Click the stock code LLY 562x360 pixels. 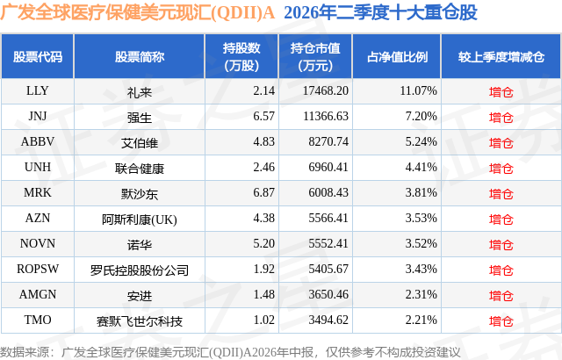pos(37,91)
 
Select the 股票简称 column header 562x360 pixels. pos(140,57)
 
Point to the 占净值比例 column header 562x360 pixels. pos(397,57)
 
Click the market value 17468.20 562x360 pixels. pos(326,91)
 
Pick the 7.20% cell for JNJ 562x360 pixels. pos(421,117)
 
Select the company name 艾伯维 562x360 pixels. pos(140,143)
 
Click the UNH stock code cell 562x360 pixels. pos(37,168)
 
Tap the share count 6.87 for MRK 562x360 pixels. pos(263,192)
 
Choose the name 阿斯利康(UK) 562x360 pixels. pos(140,220)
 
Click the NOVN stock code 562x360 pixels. pos(37,243)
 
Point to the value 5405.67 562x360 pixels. pos(328,269)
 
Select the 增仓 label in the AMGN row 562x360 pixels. pos(501,296)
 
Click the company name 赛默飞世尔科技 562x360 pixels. pos(140,321)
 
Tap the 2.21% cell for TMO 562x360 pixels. pos(421,320)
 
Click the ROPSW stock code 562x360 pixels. pos(37,269)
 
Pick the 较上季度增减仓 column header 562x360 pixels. pos(501,57)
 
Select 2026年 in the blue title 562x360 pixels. pos(310,13)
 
